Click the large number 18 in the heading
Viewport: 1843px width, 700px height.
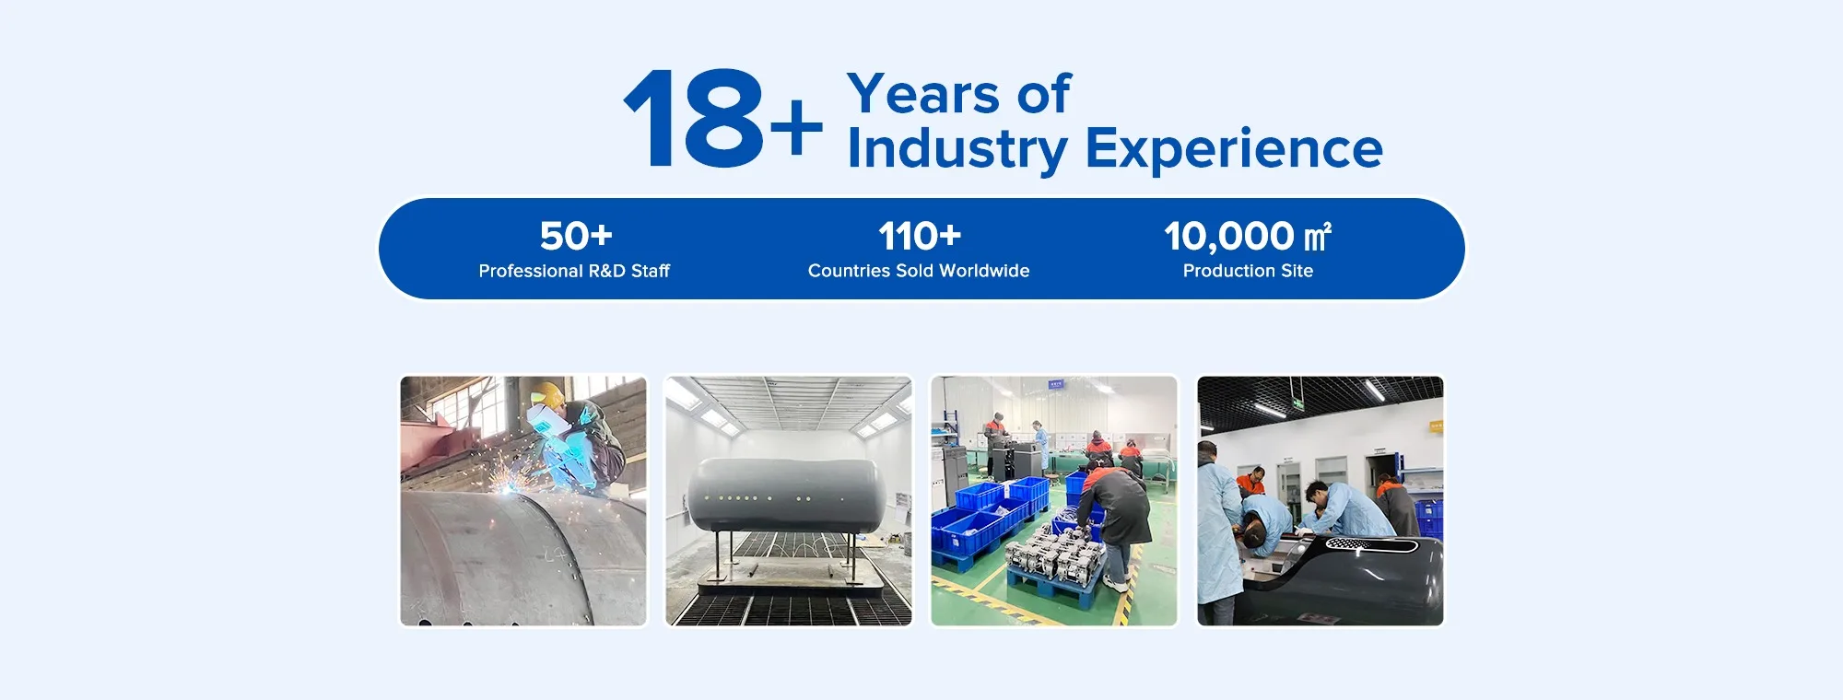coord(694,119)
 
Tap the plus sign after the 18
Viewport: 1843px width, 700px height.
coord(796,126)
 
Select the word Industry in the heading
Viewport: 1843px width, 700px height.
coord(957,149)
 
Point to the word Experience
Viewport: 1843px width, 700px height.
coord(1234,149)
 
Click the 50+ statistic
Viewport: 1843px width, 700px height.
coord(576,236)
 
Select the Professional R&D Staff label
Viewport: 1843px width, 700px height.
coord(574,271)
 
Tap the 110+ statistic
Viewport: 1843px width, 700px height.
coord(920,236)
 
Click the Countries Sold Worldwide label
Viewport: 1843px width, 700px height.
coord(919,271)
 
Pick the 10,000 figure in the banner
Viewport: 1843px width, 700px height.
coord(1228,237)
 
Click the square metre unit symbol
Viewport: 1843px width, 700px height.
coord(1318,237)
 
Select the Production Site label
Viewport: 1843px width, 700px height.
coord(1248,271)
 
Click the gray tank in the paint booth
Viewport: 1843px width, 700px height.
coord(788,495)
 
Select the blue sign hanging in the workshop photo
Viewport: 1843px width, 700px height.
coord(1056,383)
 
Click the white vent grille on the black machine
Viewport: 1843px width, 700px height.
coord(1356,544)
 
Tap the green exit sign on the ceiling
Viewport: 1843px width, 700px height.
coord(1297,402)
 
